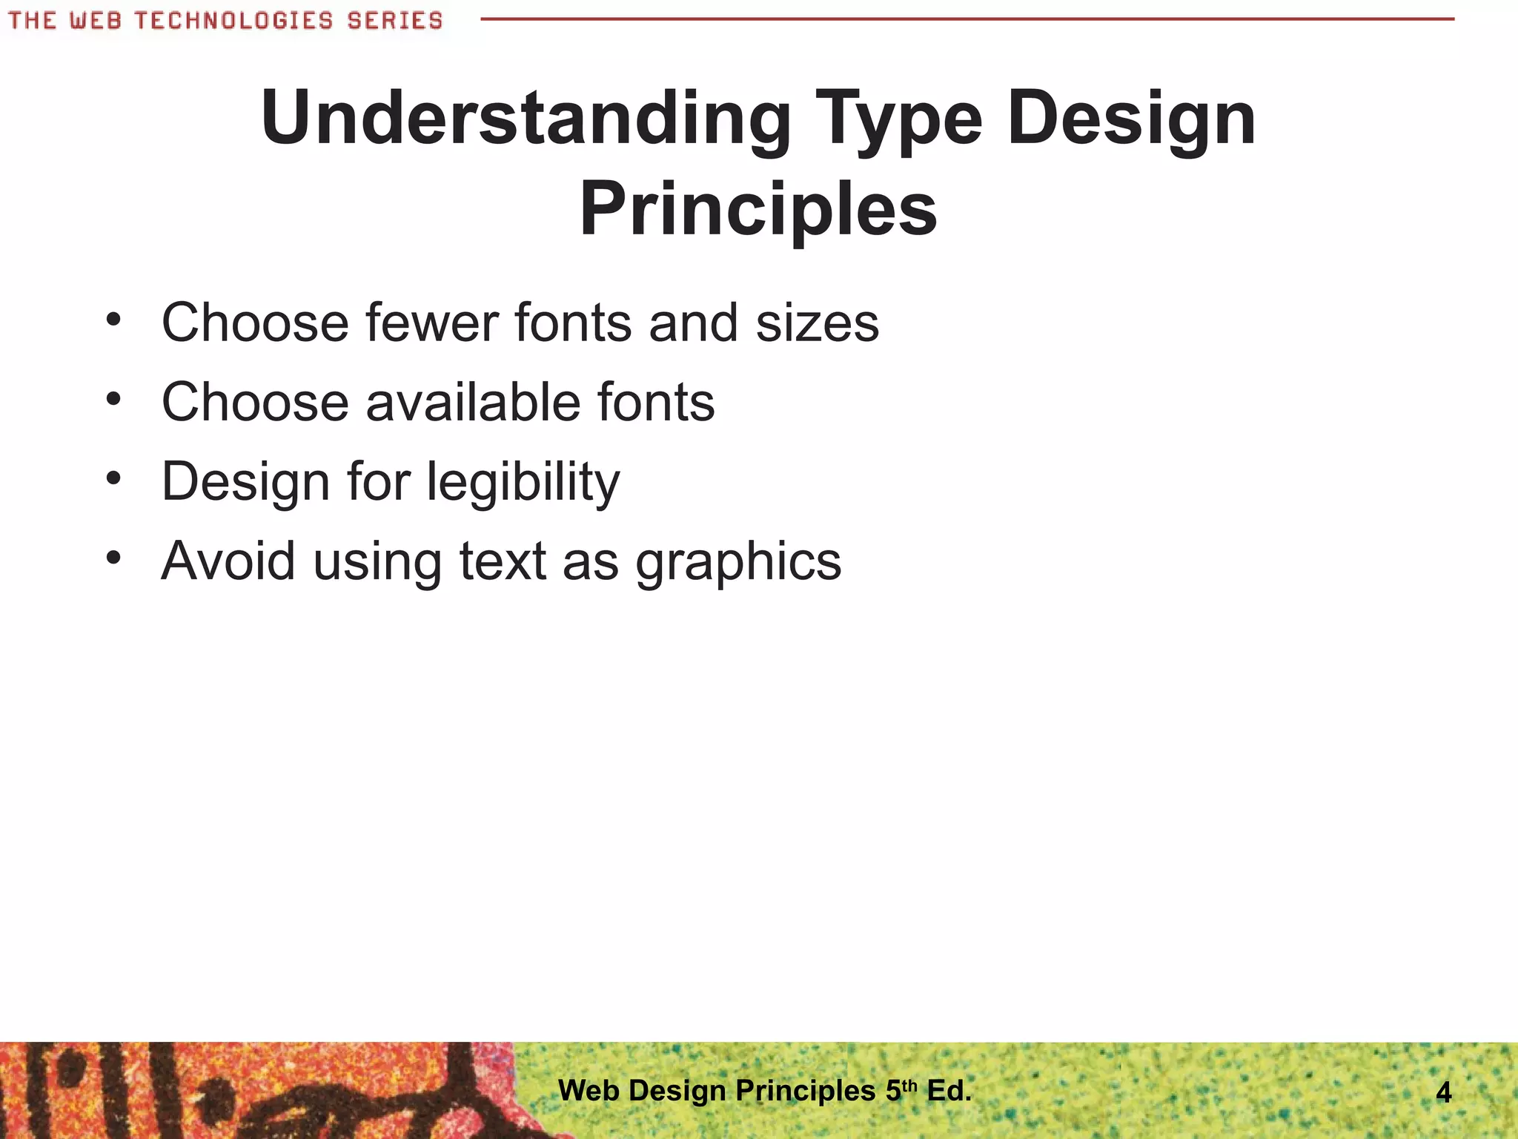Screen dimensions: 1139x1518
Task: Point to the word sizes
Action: [817, 323]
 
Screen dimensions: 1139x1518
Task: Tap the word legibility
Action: [523, 483]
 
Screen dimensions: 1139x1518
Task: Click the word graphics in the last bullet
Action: [738, 562]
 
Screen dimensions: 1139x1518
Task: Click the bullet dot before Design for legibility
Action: [113, 478]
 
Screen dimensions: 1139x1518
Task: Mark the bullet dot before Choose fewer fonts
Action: [113, 320]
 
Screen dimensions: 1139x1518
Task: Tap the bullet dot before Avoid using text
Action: [113, 558]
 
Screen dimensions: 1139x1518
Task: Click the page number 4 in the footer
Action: [1443, 1092]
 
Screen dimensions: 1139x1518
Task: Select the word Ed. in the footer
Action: [949, 1091]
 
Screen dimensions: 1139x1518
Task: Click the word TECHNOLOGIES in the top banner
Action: [233, 20]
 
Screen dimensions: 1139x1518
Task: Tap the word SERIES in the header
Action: [394, 20]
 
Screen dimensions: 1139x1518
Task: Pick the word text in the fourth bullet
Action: [503, 561]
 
